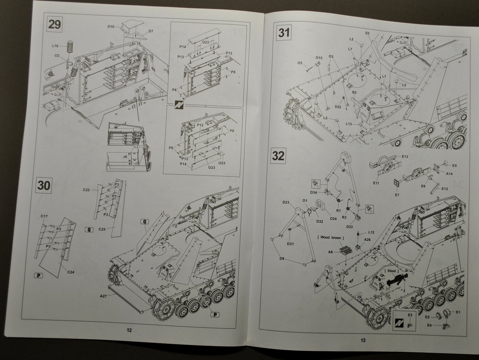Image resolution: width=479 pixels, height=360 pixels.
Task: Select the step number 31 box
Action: (x=284, y=32)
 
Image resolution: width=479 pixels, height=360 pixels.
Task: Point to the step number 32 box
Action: (x=278, y=156)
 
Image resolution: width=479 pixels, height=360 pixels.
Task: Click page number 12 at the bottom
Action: (x=129, y=330)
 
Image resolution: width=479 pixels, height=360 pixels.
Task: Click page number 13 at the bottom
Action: (x=363, y=340)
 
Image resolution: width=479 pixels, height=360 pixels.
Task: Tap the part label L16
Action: (x=55, y=46)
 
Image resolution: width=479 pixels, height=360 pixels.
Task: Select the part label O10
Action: (x=111, y=27)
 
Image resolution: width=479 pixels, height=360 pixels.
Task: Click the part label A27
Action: (x=103, y=296)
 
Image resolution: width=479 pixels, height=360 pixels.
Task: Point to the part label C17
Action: (x=44, y=216)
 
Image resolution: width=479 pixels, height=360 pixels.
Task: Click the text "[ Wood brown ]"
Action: (x=330, y=238)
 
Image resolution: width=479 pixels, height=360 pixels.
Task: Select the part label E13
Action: (x=405, y=156)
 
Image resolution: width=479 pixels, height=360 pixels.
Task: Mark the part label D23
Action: (x=286, y=203)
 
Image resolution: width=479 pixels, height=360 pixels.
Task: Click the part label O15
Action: (x=319, y=58)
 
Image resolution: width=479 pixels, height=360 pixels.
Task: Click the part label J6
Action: (x=125, y=156)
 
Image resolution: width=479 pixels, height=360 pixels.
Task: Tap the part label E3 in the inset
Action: (x=410, y=315)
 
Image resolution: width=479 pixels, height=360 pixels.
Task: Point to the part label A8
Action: (x=330, y=252)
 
